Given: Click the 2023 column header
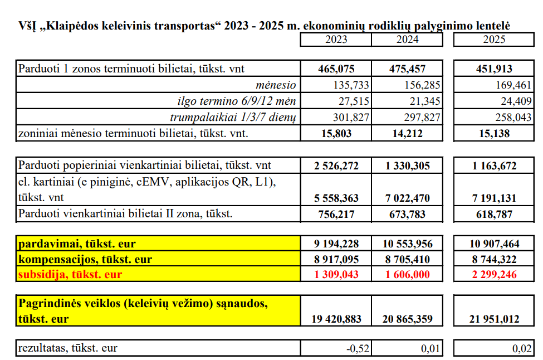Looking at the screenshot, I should pos(336,40).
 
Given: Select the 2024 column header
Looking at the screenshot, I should pos(407,40).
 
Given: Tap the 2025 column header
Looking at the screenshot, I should pos(494,40).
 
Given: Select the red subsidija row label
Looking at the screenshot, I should pos(70,274).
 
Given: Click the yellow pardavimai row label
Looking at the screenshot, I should pos(77,244).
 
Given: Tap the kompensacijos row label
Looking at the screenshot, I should pos(85,259).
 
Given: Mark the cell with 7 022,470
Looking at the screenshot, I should pos(407,198).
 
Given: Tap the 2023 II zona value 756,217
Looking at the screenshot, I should pos(336,214).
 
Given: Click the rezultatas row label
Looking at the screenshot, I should pos(68,349).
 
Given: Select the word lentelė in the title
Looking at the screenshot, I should pos(490,26).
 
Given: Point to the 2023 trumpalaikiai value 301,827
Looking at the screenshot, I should pos(354,118).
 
